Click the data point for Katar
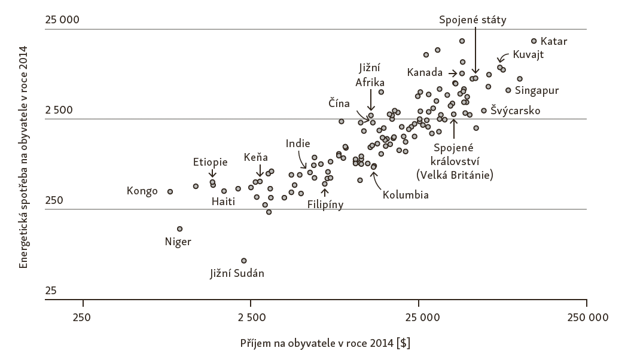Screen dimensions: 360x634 534,41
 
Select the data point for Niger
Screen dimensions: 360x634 179,228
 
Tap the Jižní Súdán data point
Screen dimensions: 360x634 243,260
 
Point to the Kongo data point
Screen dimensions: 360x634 170,191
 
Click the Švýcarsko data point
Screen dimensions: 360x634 484,110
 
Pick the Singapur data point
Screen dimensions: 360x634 508,90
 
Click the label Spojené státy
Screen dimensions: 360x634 473,20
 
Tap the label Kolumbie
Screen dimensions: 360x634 406,194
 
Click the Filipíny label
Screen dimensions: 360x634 325,204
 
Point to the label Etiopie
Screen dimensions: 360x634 210,161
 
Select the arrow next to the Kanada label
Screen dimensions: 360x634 452,73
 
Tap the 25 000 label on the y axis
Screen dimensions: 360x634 62,20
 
